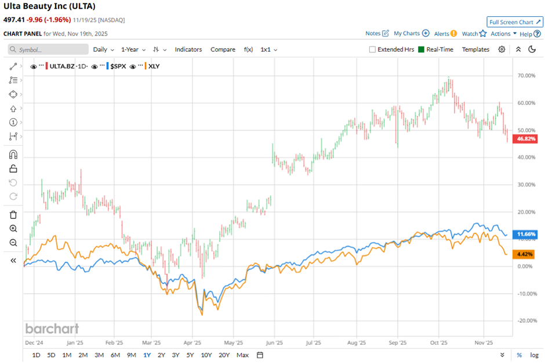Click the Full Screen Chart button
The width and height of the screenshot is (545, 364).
pyautogui.click(x=515, y=22)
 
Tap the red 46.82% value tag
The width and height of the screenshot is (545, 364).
pyautogui.click(x=526, y=139)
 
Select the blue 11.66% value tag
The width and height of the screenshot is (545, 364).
pyautogui.click(x=526, y=234)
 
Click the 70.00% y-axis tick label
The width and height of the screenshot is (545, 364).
pyautogui.click(x=526, y=75)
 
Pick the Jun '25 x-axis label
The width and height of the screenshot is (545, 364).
pyautogui.click(x=274, y=343)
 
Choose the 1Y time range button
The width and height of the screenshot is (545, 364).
pyautogui.click(x=147, y=355)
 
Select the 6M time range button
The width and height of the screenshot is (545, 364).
pyautogui.click(x=115, y=355)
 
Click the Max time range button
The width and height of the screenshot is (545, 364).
pyautogui.click(x=242, y=355)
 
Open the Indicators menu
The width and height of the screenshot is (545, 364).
pyautogui.click(x=188, y=49)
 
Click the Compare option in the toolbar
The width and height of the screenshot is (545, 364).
pyautogui.click(x=223, y=49)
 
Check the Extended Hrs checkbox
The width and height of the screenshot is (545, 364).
pyautogui.click(x=372, y=49)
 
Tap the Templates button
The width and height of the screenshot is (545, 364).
pyautogui.click(x=475, y=49)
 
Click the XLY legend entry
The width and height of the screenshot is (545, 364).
pyautogui.click(x=154, y=66)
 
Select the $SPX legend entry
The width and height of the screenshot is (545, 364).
pyautogui.click(x=118, y=66)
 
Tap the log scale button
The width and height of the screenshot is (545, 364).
pyautogui.click(x=534, y=355)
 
